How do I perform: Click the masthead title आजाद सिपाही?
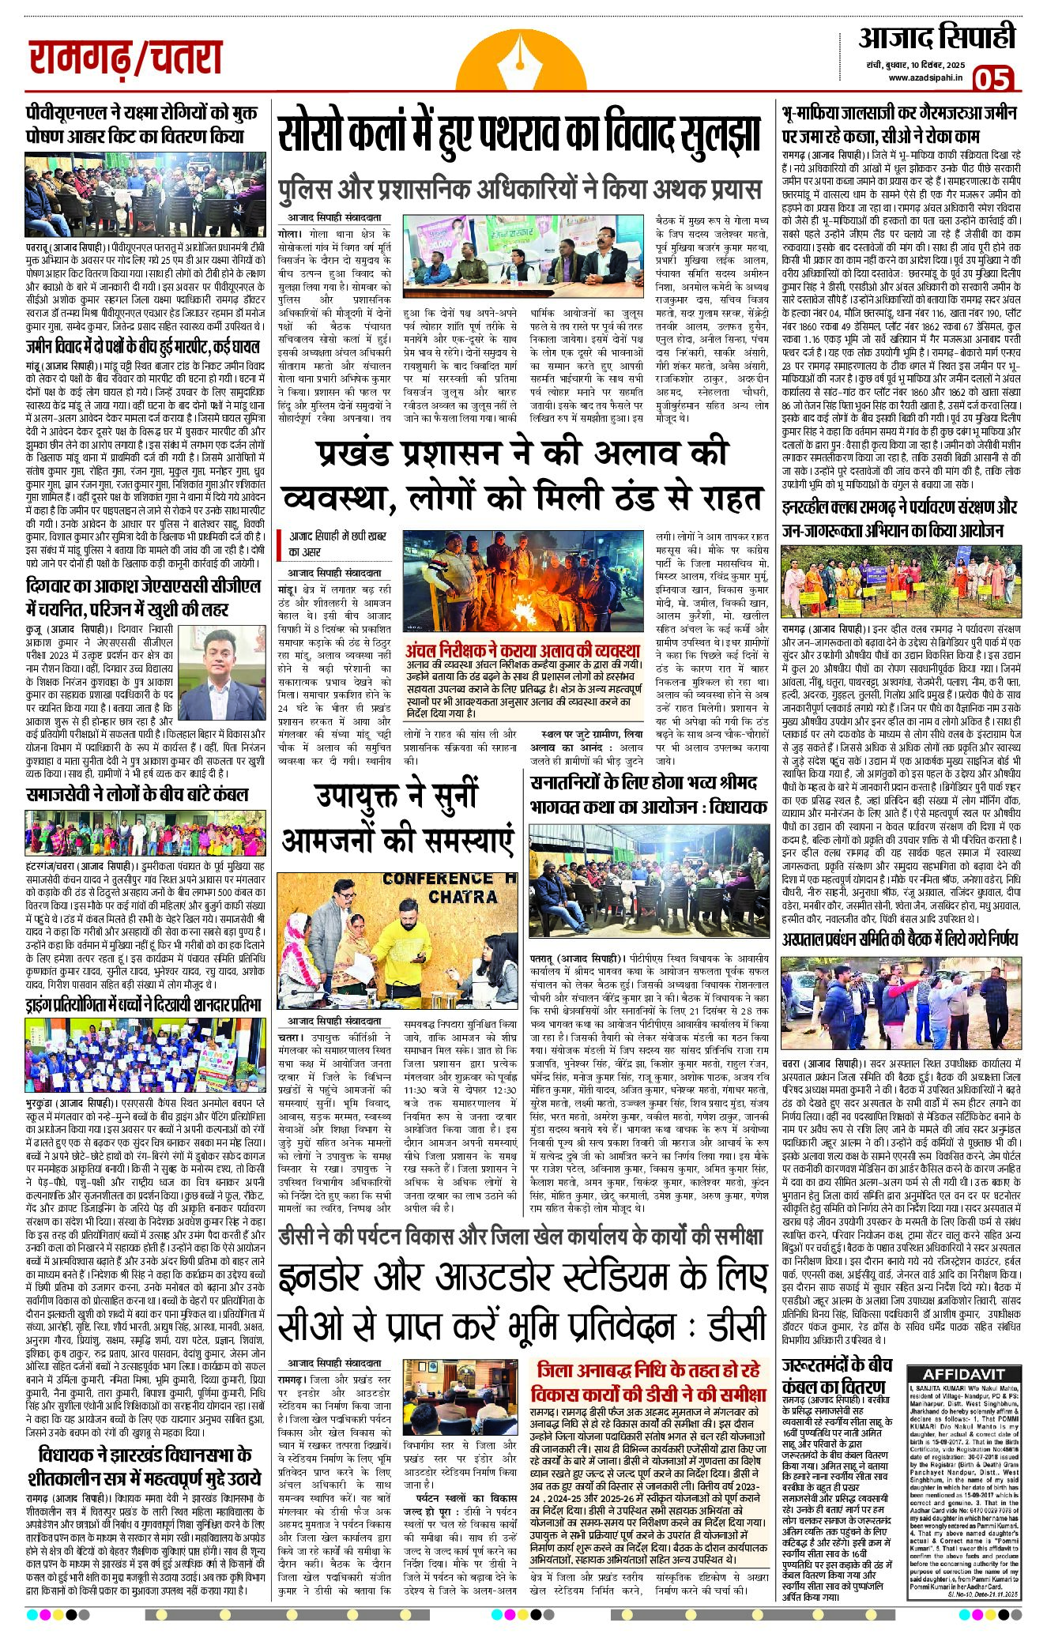pyautogui.click(x=936, y=38)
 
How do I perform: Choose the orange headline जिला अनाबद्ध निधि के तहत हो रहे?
pyautogui.click(x=649, y=1370)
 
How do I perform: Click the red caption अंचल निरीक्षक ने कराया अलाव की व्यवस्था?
pyautogui.click(x=522, y=651)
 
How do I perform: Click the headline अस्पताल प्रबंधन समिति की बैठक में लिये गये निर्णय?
pyautogui.click(x=899, y=939)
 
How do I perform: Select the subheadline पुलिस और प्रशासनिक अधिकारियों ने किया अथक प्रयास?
pyautogui.click(x=519, y=190)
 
